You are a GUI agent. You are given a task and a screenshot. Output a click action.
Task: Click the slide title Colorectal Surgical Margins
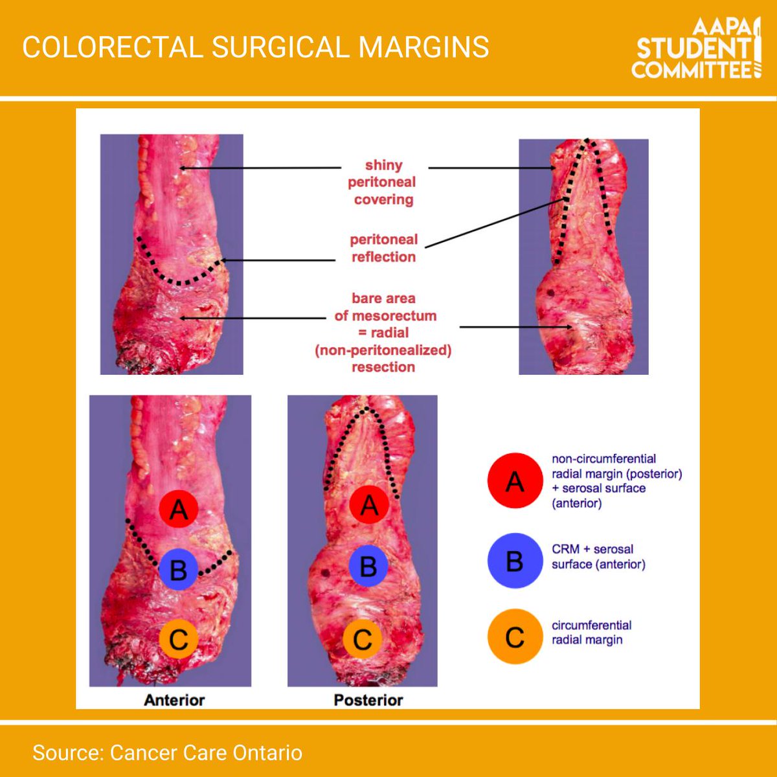255,48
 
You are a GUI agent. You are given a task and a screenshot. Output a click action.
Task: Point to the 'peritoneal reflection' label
383,248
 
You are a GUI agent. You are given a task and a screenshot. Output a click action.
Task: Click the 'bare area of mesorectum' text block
383,333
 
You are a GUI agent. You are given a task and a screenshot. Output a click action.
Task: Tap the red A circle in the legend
515,480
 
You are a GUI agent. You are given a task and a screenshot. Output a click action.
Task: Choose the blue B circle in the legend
515,561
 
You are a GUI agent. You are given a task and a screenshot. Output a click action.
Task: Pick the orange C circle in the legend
515,636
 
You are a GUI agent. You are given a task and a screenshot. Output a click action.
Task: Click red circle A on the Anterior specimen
178,509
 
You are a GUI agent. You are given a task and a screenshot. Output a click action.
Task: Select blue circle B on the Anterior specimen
178,569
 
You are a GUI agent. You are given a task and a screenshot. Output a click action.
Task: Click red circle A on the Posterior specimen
369,504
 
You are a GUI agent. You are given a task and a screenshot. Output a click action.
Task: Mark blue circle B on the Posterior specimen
368,566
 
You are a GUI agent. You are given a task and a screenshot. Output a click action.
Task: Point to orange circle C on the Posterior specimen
363,639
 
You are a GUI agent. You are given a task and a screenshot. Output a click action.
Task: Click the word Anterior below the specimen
174,700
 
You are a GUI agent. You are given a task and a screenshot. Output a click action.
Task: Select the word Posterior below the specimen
368,700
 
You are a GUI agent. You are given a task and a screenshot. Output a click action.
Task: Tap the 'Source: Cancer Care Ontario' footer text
167,752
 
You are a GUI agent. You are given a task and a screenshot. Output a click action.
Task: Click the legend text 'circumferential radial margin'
591,633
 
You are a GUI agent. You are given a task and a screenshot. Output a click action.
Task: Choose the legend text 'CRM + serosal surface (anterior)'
598,557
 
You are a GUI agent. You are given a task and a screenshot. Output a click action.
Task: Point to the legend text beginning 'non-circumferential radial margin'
616,481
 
